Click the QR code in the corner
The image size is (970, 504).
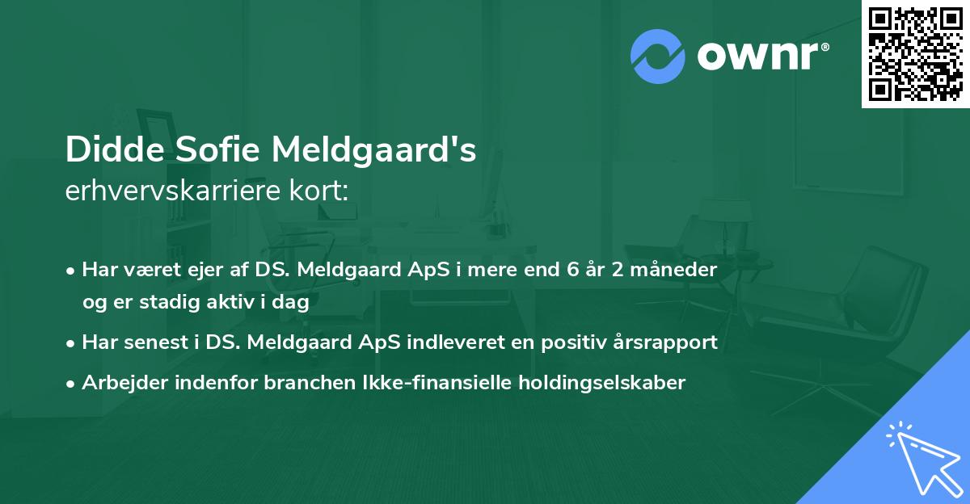click(x=915, y=53)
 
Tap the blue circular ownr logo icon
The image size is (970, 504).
click(x=658, y=57)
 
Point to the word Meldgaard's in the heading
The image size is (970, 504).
click(x=374, y=150)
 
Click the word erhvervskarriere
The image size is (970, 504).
click(x=176, y=191)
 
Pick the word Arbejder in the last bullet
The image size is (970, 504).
click(x=119, y=383)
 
